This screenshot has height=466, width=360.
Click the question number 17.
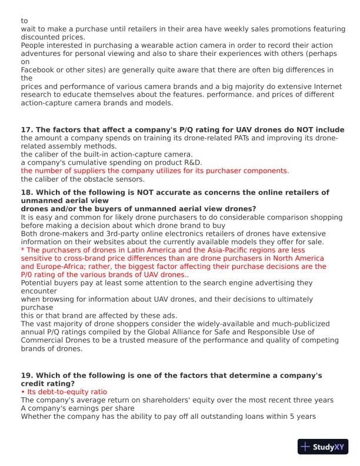tap(26, 129)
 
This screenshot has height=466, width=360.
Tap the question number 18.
tap(26, 192)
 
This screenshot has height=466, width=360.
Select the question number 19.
tap(26, 375)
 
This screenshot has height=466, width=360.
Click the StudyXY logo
tap(322, 447)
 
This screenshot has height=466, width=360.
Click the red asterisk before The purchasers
tap(22, 250)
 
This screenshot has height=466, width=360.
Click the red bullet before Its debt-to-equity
tap(22, 392)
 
